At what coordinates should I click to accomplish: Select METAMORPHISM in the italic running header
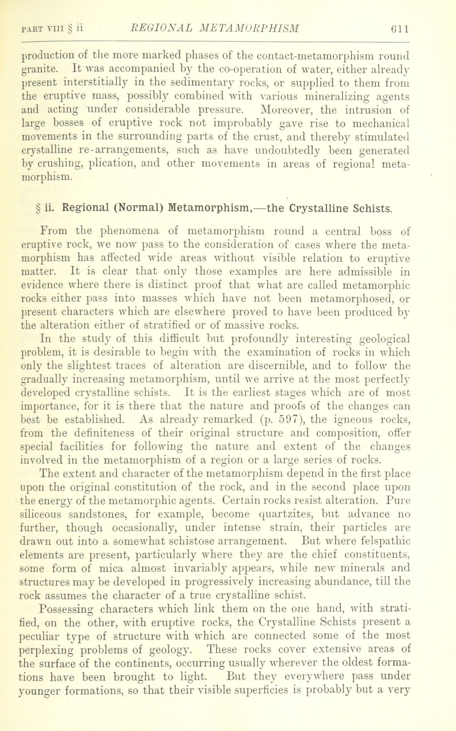(249, 29)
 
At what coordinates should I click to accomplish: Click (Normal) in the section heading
(139, 208)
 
